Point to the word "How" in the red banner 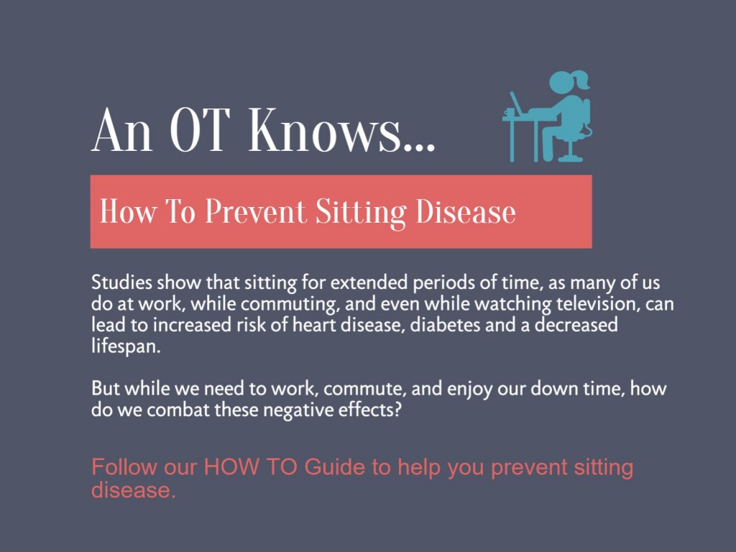[x=126, y=212]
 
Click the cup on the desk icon [x=510, y=111]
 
